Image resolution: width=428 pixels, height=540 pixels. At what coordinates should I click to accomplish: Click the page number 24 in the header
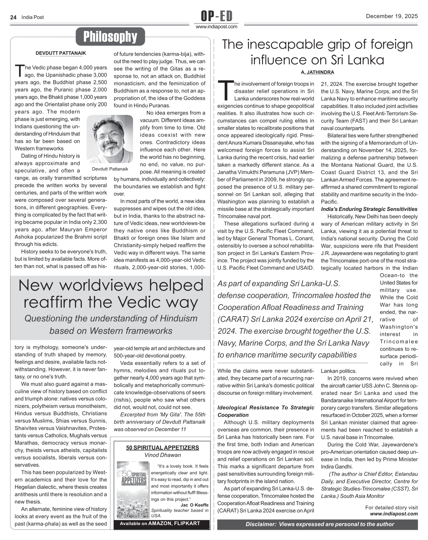[x=13, y=17]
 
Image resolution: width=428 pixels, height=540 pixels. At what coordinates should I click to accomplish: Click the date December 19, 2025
[x=391, y=16]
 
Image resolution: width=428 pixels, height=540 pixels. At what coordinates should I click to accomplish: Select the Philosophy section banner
[x=110, y=37]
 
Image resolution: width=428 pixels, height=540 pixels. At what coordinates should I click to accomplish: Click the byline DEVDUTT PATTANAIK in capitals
[x=61, y=53]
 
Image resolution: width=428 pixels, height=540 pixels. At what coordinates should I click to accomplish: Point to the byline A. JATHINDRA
[x=317, y=72]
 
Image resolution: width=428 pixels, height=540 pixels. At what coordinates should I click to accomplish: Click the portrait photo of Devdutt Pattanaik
[x=110, y=139]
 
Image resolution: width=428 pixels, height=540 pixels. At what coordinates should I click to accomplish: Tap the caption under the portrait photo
[x=110, y=169]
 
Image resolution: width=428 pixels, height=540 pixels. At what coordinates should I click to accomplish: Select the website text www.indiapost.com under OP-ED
[x=217, y=27]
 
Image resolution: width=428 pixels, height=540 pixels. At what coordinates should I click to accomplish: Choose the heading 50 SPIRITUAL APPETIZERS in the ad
[x=162, y=447]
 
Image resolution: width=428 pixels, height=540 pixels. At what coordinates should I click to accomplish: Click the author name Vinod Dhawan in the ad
[x=162, y=455]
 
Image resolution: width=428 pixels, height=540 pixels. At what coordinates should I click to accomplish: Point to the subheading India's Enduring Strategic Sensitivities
[x=369, y=209]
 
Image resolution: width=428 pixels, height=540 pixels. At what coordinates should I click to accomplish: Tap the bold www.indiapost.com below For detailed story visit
[x=394, y=514]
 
